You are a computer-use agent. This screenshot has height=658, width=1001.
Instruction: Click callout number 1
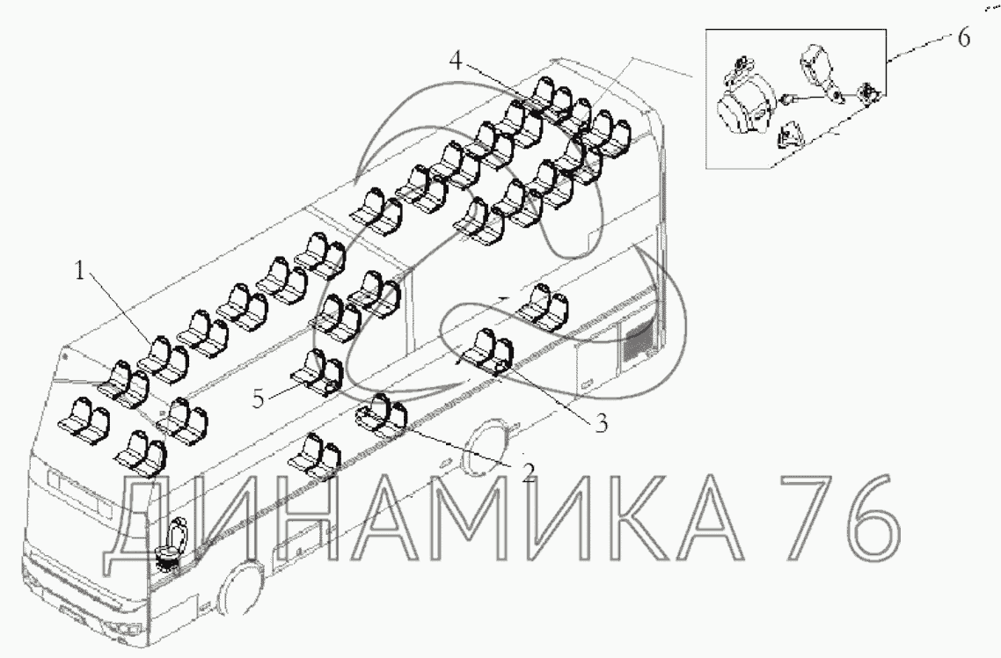click(80, 271)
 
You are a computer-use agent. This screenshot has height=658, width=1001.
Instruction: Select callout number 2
click(527, 472)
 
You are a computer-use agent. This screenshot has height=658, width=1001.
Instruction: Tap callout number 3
click(601, 423)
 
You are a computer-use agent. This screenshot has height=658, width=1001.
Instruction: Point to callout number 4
click(455, 61)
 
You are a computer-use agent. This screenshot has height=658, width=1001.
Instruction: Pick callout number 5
click(258, 398)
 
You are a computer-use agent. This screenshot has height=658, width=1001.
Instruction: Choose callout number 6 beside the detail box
click(963, 38)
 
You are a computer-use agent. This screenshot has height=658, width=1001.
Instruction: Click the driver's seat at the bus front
click(173, 543)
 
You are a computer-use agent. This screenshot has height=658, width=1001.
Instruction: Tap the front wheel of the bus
click(239, 587)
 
